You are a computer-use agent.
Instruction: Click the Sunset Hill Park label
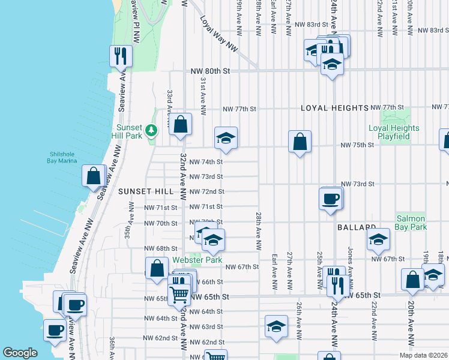coord(128,133)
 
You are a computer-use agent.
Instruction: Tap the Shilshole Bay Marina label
coord(62,156)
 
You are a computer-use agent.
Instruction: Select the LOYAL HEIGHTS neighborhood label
coord(334,108)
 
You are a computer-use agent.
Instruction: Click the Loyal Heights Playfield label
coord(393,132)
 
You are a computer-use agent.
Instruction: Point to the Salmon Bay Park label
coord(411,223)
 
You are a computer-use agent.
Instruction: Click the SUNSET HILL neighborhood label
coord(146,191)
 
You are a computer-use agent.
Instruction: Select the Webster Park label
coord(197,260)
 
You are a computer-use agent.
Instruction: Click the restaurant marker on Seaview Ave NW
coord(121,56)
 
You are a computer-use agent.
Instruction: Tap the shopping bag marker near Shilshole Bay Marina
coord(94,177)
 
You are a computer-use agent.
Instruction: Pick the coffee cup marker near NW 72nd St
coord(331,199)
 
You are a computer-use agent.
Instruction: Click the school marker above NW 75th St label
coord(226,139)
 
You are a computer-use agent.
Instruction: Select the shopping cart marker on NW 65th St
coord(179,295)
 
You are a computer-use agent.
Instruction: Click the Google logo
coord(20,353)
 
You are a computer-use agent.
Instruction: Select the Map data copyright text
coord(423,355)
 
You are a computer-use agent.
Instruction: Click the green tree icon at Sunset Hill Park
coord(152,129)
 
